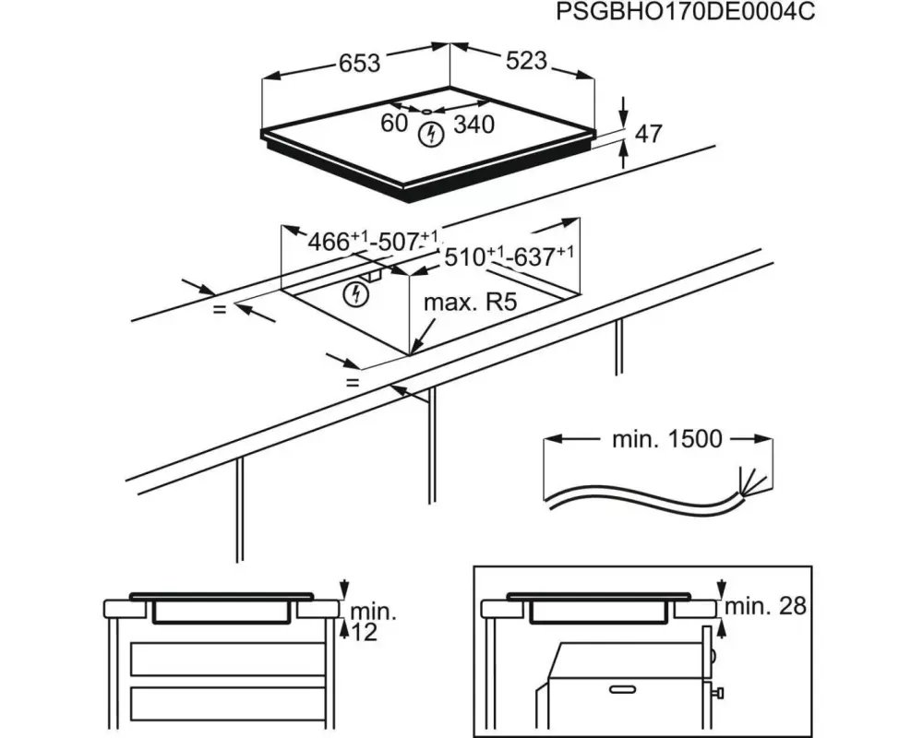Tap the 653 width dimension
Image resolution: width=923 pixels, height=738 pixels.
click(x=359, y=64)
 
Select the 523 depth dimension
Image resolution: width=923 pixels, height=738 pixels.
click(x=526, y=61)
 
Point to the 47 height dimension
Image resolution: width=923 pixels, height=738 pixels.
click(x=649, y=134)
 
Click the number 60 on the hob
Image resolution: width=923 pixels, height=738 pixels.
click(x=394, y=123)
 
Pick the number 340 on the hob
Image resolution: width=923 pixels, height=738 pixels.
click(x=475, y=124)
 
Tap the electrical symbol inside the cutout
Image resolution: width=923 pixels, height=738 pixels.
click(x=355, y=295)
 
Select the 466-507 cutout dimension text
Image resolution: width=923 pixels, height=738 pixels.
click(x=373, y=243)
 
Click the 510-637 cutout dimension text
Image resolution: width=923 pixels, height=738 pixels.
click(x=509, y=257)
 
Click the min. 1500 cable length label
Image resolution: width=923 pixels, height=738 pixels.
click(x=666, y=439)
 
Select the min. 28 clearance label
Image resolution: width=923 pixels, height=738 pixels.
click(x=765, y=606)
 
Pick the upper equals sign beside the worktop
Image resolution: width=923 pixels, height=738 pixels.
click(x=219, y=310)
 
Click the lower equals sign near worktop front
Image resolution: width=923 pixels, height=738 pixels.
click(x=352, y=381)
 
